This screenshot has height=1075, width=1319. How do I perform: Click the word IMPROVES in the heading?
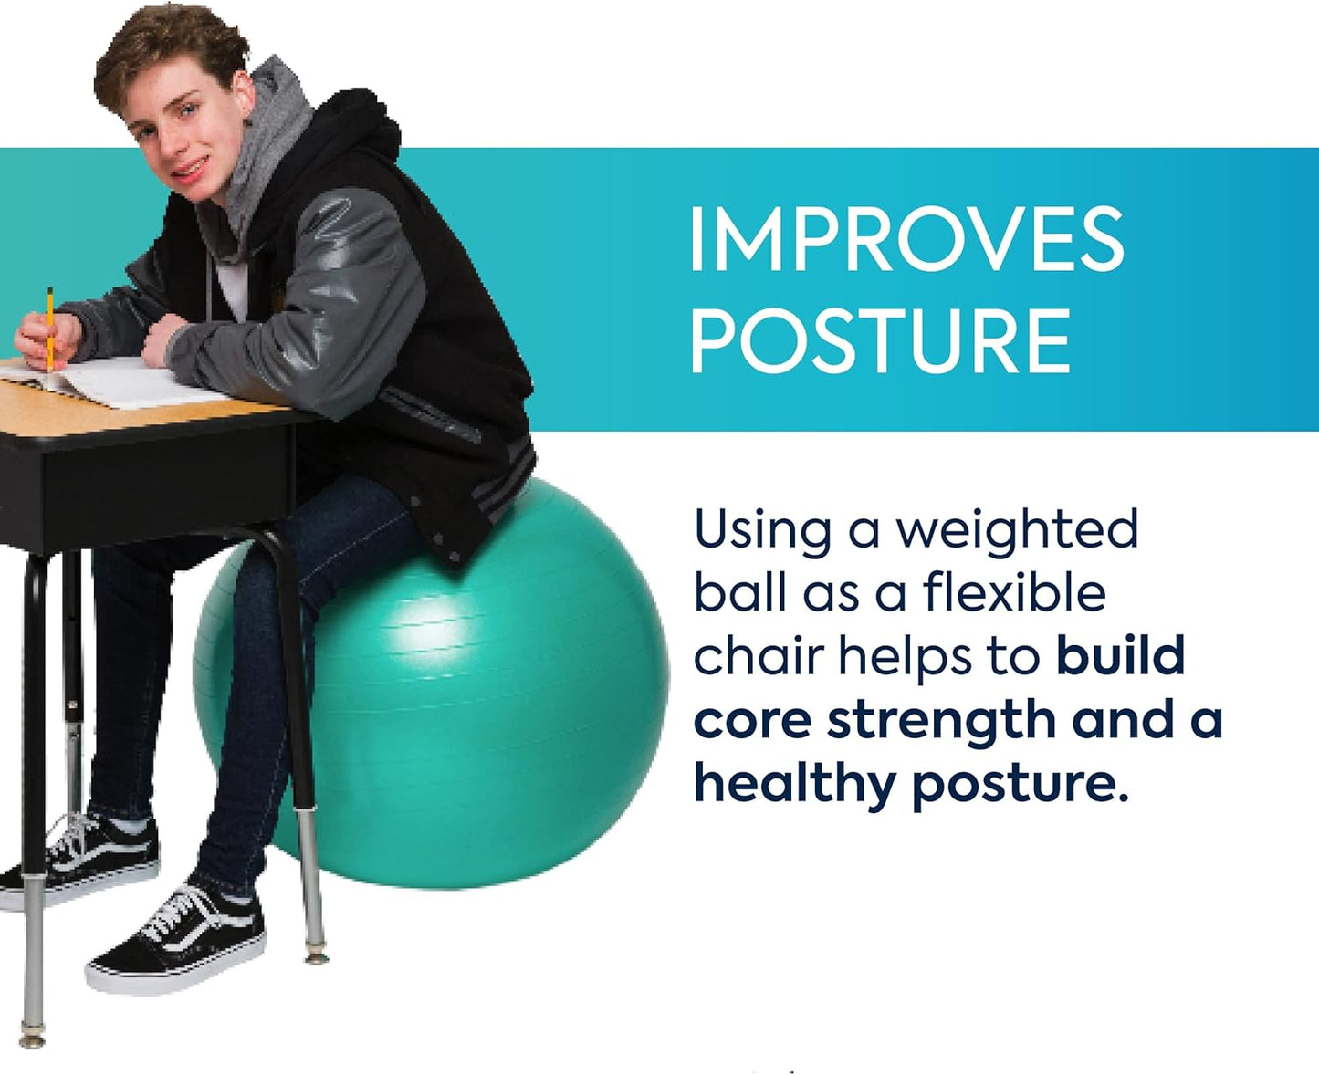(x=906, y=239)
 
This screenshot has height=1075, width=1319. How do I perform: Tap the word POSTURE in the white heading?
(x=880, y=340)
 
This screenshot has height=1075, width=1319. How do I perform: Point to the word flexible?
(x=1014, y=593)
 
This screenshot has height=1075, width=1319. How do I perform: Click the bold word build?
(x=1120, y=656)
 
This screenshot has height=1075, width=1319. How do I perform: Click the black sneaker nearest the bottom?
(x=173, y=940)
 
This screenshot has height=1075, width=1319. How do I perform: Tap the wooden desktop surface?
(x=137, y=415)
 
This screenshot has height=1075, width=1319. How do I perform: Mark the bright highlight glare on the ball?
(x=429, y=630)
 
